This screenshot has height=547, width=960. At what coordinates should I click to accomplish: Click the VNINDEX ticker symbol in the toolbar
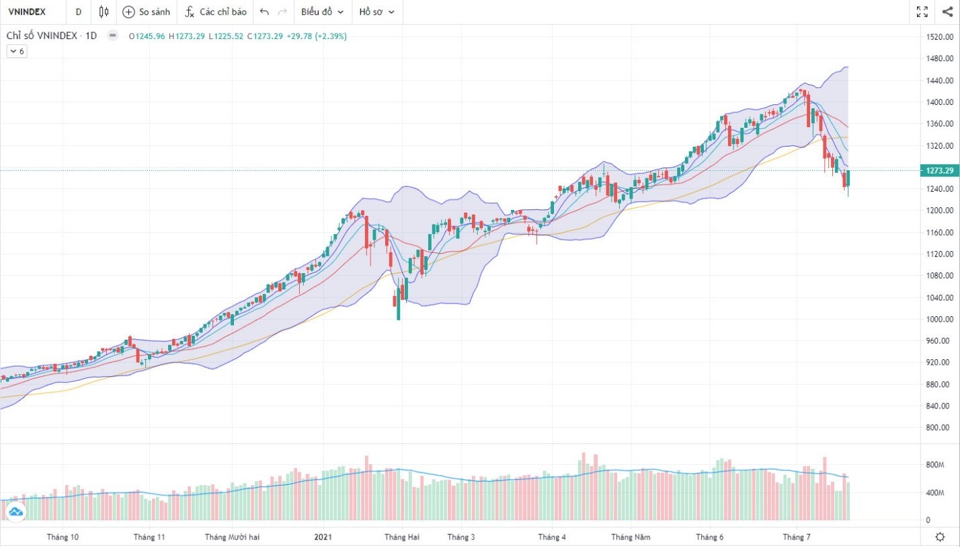click(x=26, y=12)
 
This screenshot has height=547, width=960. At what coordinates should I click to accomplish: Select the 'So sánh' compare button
click(x=146, y=12)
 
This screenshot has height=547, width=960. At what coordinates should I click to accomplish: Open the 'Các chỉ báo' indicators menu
click(x=216, y=12)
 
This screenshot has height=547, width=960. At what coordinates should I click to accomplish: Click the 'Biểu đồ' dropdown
click(x=322, y=12)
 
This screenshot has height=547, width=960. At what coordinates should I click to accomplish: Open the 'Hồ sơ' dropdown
click(x=376, y=12)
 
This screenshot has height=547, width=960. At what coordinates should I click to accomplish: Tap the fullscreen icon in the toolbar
click(x=922, y=11)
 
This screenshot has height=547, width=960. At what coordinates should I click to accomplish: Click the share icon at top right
click(x=947, y=11)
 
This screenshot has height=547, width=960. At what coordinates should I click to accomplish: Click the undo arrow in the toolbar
click(x=264, y=12)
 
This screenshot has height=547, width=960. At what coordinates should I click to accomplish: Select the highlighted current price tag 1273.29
click(x=940, y=171)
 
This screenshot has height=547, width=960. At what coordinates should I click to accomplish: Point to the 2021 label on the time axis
click(x=323, y=537)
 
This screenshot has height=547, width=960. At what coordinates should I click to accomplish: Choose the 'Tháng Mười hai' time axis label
click(x=232, y=537)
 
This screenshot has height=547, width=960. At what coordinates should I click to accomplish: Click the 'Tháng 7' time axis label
click(x=797, y=537)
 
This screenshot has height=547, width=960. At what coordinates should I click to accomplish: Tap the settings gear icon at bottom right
click(x=940, y=536)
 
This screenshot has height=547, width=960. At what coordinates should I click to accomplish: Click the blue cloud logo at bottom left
click(x=15, y=513)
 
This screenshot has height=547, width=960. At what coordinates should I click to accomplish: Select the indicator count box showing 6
click(x=17, y=51)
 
